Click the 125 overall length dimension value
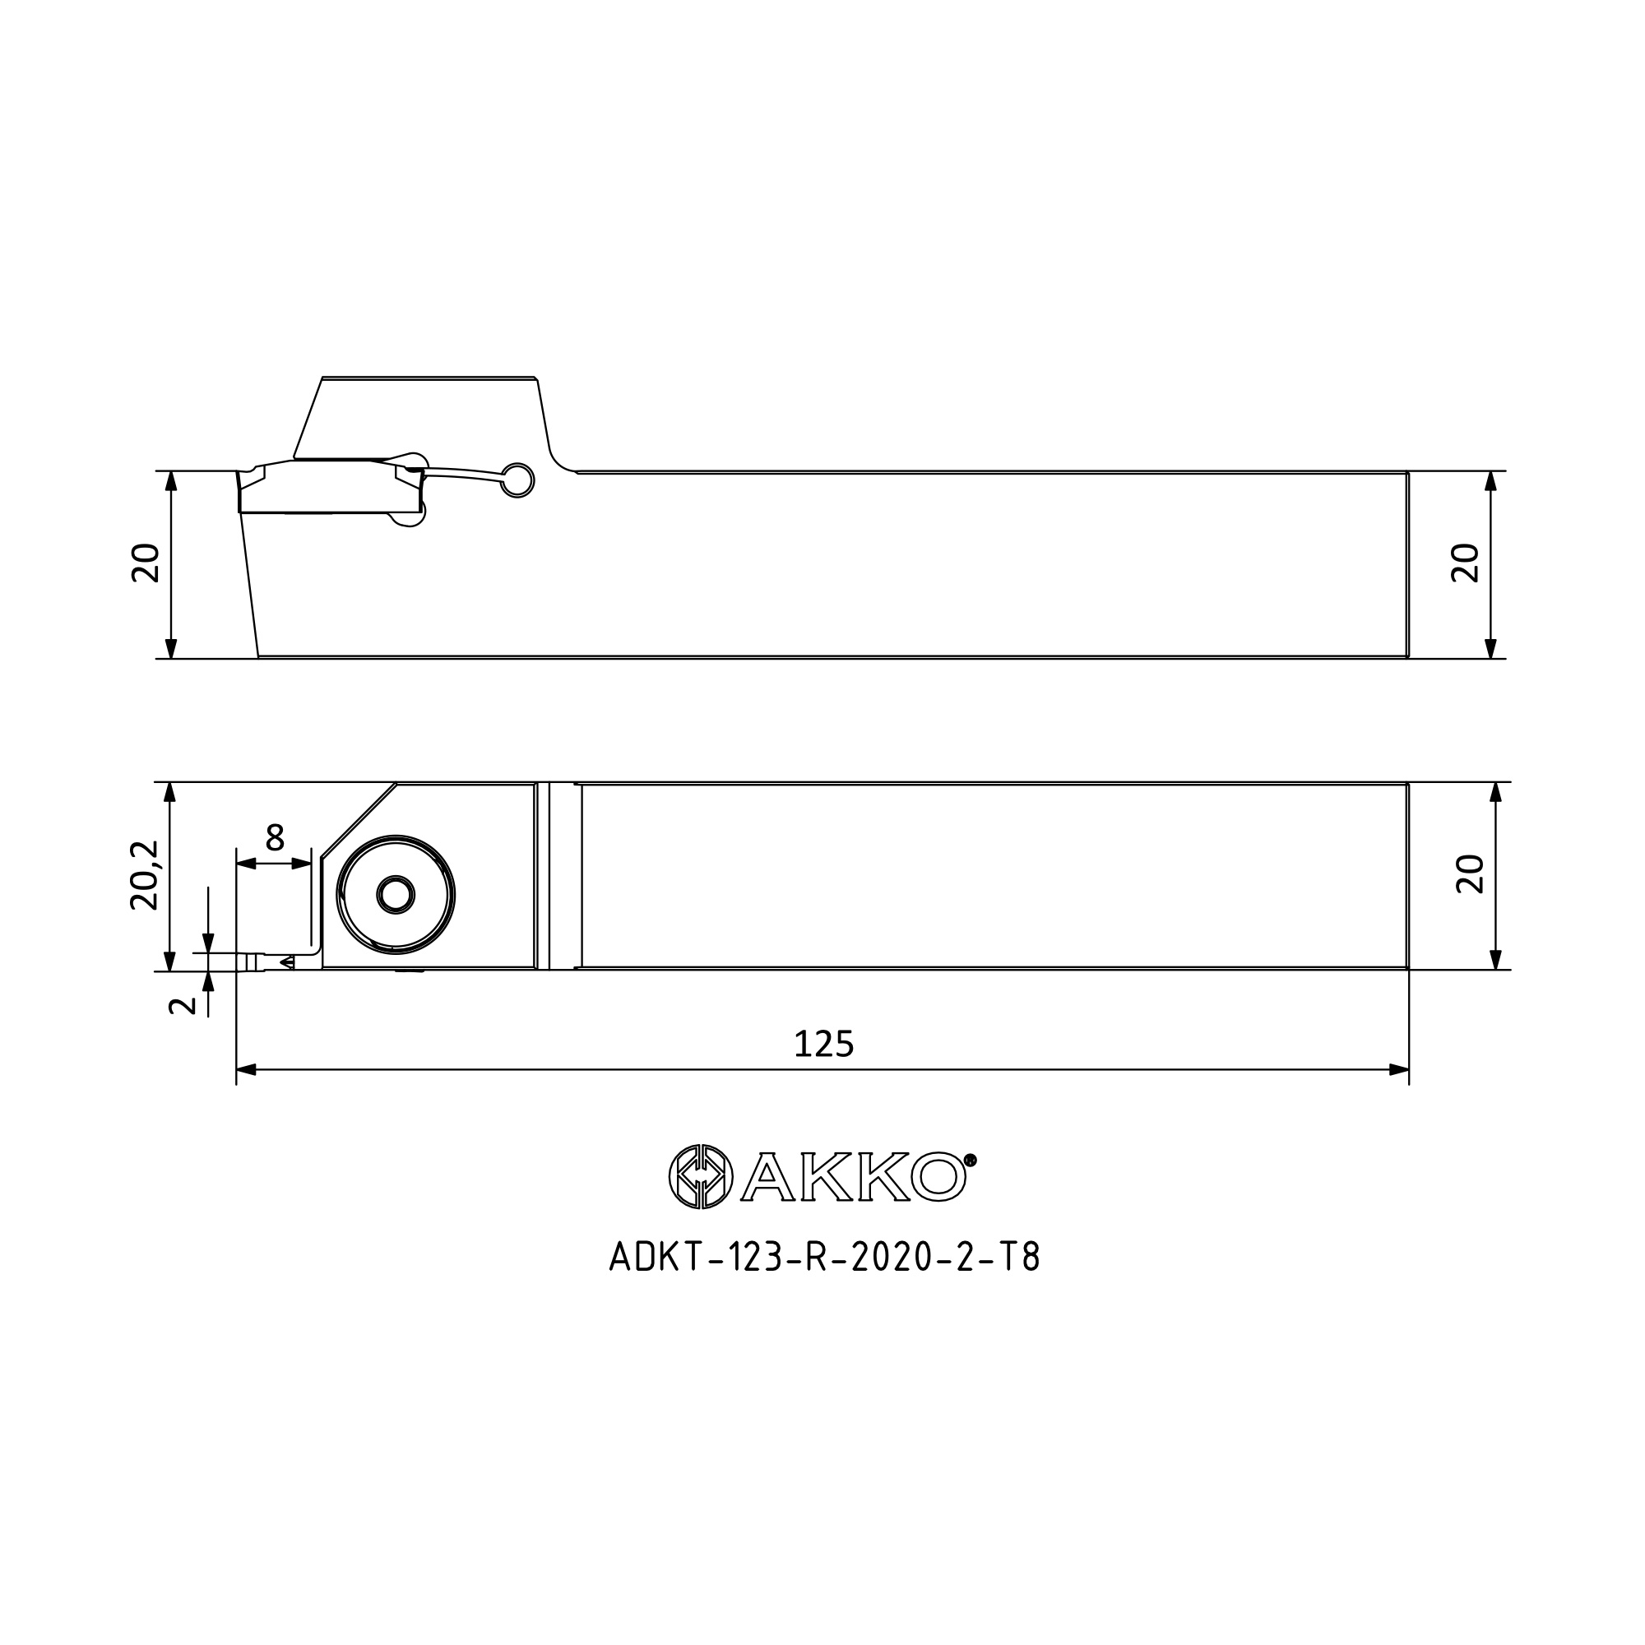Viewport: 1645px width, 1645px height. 823,1044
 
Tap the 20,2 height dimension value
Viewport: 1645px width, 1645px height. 145,875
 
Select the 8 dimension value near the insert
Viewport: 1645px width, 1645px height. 274,838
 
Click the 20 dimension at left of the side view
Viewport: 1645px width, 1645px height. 146,563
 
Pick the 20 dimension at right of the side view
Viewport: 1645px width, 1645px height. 1466,563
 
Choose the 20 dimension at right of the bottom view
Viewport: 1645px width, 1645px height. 1471,874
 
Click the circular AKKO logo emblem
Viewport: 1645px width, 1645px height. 701,1176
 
